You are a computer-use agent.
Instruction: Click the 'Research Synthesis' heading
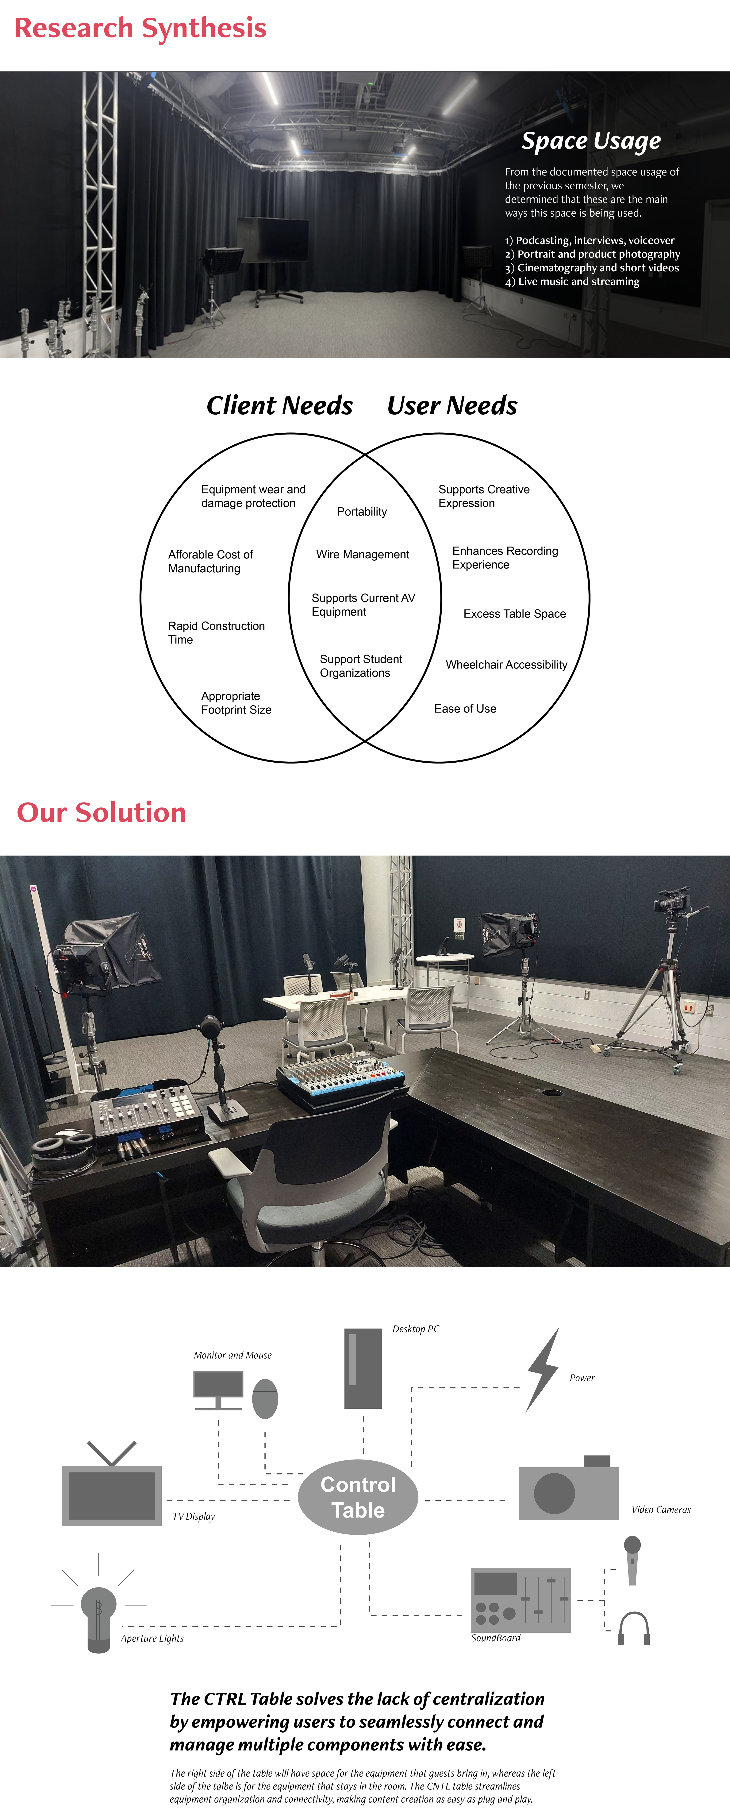[140, 28]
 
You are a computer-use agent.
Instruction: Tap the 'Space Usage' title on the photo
[591, 141]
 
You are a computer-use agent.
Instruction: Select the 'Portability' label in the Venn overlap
[362, 512]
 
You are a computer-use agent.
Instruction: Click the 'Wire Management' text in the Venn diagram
[363, 555]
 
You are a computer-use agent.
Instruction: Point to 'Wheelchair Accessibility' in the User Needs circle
[506, 665]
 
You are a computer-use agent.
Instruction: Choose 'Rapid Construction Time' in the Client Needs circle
[216, 632]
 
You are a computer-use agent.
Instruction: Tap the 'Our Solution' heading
[102, 812]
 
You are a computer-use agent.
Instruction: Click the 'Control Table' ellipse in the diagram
[358, 1497]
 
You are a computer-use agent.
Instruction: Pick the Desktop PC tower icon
[363, 1368]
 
